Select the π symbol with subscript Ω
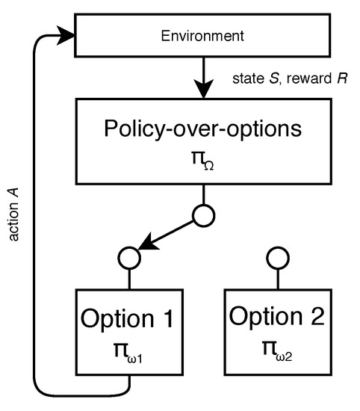202,158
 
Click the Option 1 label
130,318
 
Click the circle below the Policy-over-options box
202,216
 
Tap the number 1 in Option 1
167,318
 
